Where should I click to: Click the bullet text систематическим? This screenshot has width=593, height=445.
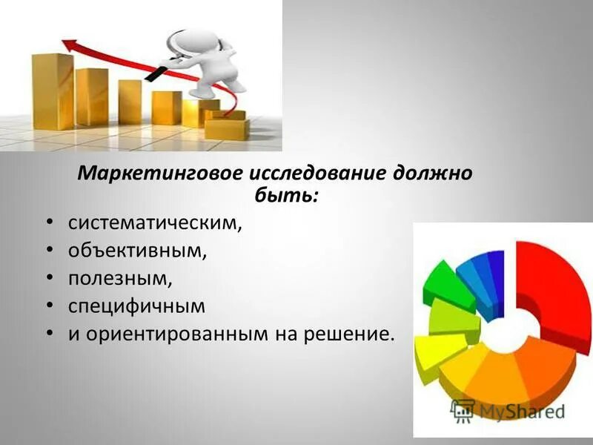tap(155, 222)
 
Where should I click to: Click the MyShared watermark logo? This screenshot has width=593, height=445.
tap(507, 410)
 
